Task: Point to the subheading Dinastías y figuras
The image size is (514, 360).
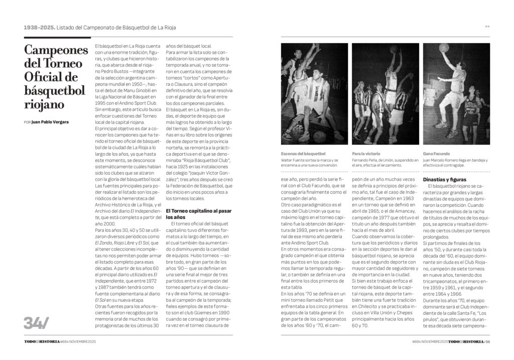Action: point(445,179)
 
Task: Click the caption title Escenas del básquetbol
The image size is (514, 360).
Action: point(303,153)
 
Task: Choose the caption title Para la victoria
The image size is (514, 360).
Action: point(366,153)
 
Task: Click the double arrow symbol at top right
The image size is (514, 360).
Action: point(487,27)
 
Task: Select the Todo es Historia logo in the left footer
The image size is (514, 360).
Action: point(42,341)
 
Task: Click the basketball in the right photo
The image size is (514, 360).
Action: point(443,47)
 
